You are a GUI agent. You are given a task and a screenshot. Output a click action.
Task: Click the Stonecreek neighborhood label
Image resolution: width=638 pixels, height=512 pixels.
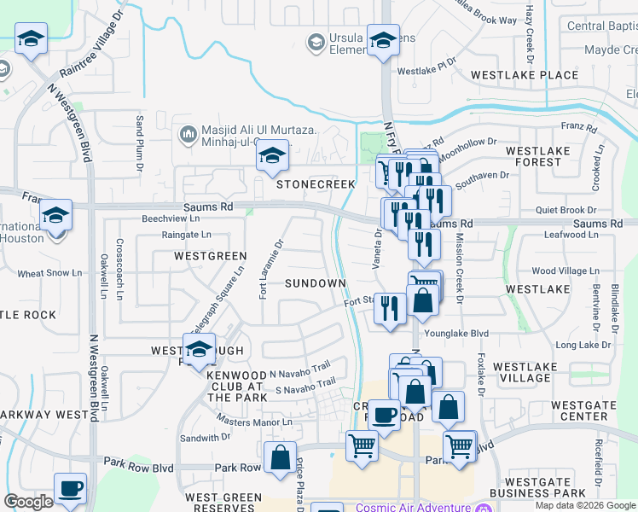click(x=303, y=184)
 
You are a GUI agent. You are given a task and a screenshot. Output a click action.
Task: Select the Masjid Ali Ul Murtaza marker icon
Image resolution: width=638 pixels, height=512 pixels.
click(x=188, y=134)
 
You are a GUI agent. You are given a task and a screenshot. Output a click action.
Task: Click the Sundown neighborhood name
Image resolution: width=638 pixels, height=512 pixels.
click(x=315, y=282)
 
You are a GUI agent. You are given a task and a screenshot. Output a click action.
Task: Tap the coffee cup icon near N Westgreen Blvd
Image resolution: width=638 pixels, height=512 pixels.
click(x=70, y=489)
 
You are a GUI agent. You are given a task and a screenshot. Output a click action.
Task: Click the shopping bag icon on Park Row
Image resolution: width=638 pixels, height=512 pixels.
click(x=280, y=458)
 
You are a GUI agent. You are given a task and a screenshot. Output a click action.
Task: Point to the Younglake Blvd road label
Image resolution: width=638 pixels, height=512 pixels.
click(x=457, y=334)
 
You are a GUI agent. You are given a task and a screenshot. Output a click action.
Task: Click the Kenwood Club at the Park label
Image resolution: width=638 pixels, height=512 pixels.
click(x=237, y=386)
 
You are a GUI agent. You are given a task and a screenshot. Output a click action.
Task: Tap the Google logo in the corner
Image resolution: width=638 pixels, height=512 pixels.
click(x=28, y=501)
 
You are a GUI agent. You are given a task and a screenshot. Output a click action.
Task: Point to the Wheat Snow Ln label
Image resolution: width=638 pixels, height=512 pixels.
click(x=47, y=274)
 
